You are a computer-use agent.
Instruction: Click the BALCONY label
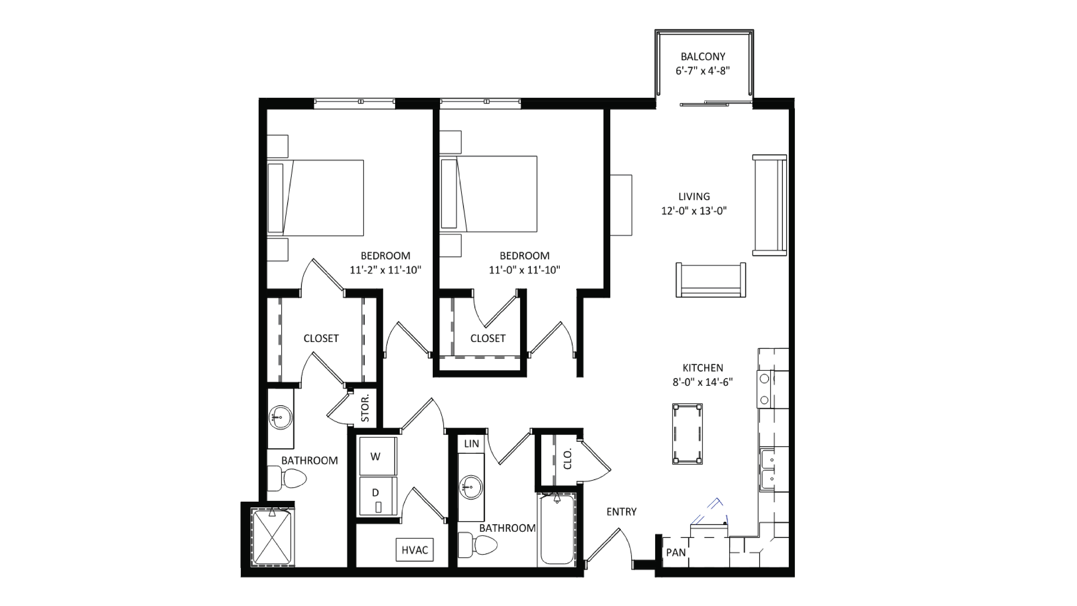point(703,56)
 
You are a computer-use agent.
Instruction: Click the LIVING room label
point(694,196)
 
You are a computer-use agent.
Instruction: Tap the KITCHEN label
point(703,368)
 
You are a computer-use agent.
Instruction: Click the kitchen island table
point(687,434)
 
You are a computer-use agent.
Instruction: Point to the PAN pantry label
point(676,553)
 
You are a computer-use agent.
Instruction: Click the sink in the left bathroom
point(280,417)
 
